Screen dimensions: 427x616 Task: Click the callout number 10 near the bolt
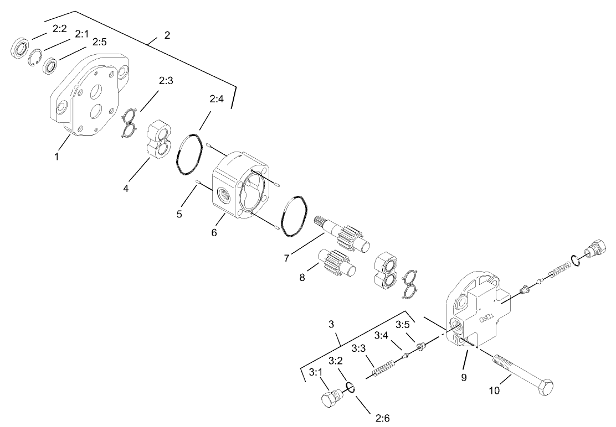[x=494, y=390]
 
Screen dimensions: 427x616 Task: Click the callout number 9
[x=464, y=378]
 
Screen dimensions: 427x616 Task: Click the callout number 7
[x=286, y=257]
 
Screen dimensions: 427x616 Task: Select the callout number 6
[x=214, y=232]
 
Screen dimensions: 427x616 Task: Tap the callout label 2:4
[x=217, y=100]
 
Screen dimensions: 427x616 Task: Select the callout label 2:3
[x=166, y=81]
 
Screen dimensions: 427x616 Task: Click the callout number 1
[x=57, y=157]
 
